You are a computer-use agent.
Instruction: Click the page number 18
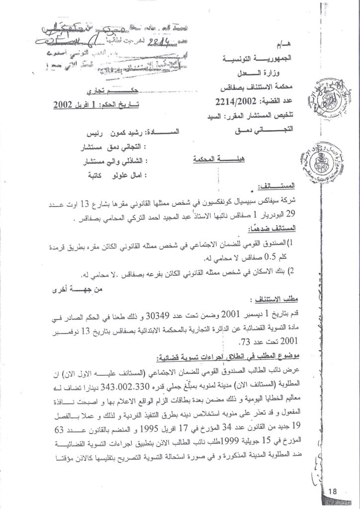[332, 492]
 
